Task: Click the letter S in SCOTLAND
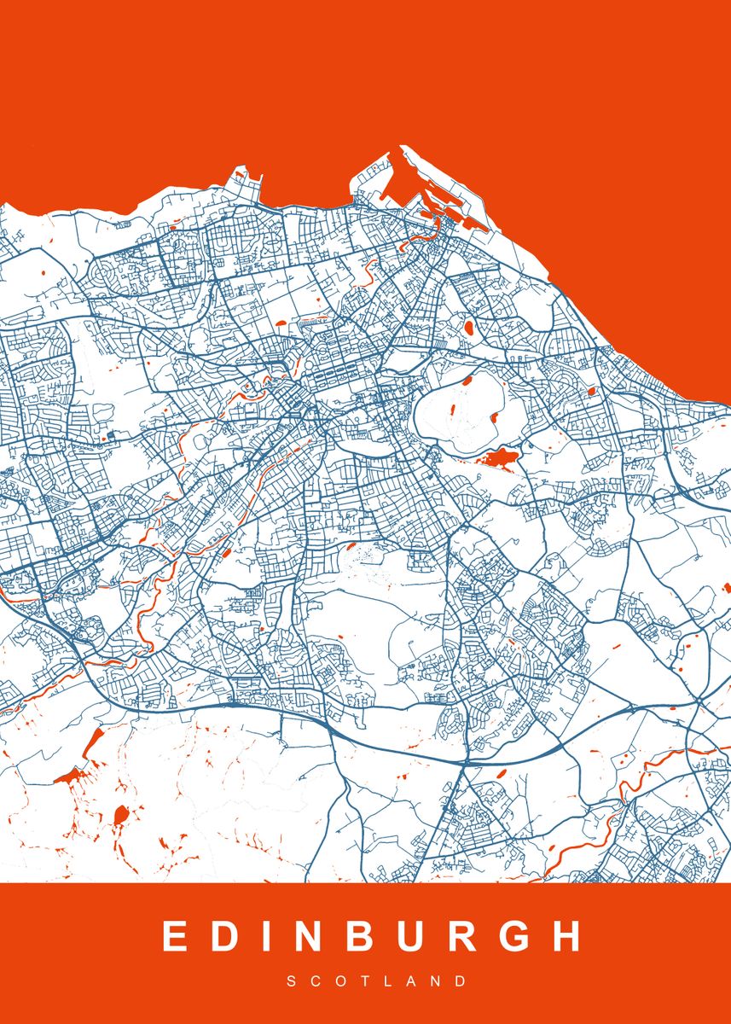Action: (291, 982)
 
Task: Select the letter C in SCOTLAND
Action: (315, 982)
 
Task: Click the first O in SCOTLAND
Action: (340, 982)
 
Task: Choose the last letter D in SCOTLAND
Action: (461, 982)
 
